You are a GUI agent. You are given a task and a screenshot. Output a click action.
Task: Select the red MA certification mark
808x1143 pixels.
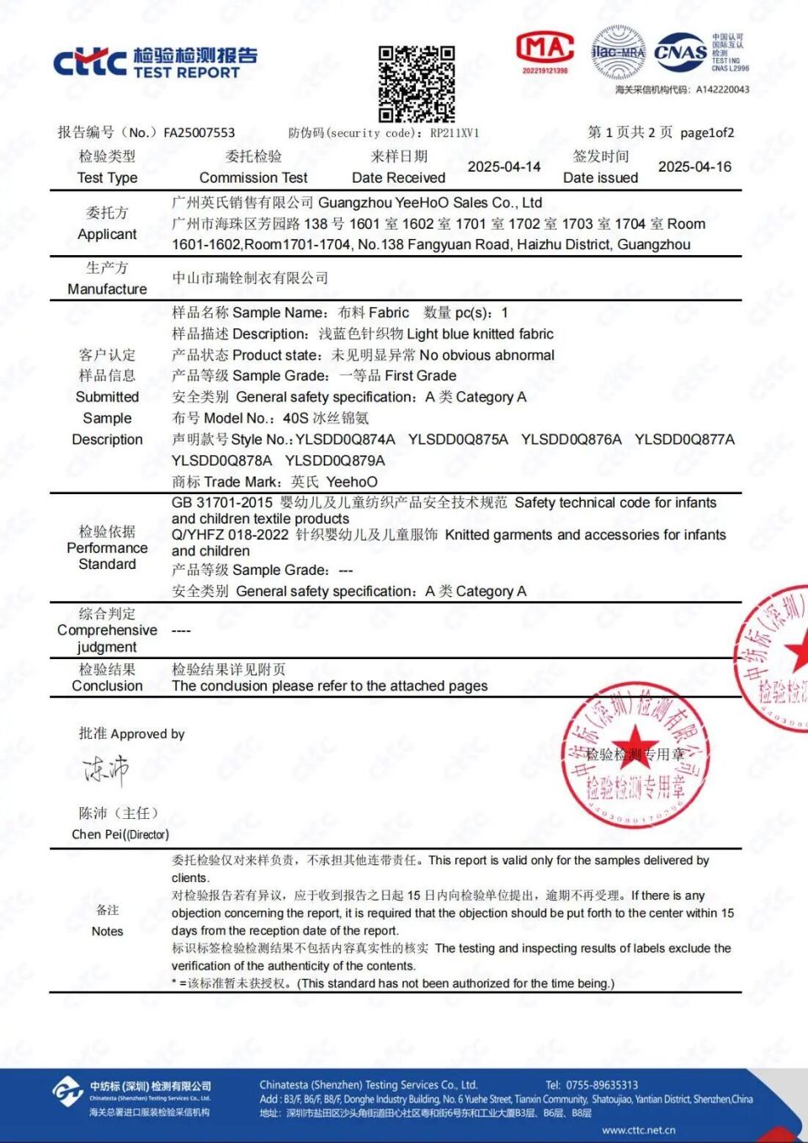545,51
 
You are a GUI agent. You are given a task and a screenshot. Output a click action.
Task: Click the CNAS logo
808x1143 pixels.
681,53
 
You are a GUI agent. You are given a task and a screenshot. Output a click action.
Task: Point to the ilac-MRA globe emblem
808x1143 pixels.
619,52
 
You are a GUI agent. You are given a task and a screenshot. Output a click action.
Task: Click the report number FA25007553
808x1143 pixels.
199,132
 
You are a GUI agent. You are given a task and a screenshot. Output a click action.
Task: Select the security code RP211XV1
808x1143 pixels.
454,132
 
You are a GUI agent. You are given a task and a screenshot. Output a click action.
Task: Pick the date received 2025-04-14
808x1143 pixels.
504,167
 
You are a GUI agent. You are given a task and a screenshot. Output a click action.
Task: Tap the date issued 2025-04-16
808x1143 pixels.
694,167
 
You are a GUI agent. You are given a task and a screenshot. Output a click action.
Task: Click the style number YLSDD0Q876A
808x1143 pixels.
571,439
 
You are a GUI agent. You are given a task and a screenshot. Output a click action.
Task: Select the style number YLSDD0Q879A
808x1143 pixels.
335,460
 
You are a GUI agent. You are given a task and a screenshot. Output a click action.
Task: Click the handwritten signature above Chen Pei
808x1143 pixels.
106,769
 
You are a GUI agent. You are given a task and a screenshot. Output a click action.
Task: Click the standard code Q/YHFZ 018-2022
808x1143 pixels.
230,534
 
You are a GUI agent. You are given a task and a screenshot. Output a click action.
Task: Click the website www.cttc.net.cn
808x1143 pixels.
638,1130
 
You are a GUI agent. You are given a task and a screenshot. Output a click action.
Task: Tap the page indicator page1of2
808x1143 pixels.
707,132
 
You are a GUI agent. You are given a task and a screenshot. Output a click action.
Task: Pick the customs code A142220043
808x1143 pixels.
722,89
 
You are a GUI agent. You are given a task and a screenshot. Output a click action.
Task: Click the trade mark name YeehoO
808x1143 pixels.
352,481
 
